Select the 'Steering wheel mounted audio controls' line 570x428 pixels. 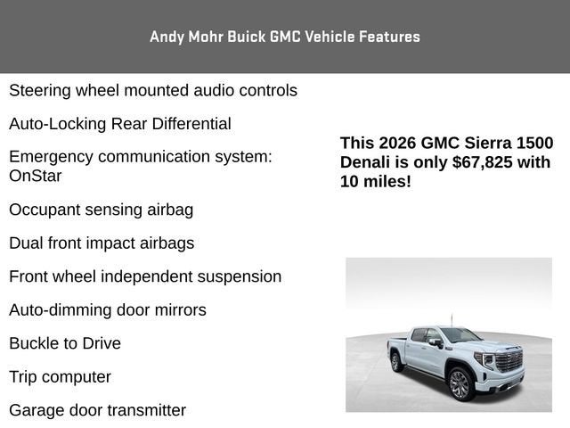click(153, 90)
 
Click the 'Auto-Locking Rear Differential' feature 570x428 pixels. click(120, 124)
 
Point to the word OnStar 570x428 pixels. click(36, 176)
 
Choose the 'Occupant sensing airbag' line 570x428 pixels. click(101, 210)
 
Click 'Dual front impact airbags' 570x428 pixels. click(102, 243)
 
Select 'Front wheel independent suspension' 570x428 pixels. click(145, 276)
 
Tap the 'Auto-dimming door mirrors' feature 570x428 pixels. click(108, 310)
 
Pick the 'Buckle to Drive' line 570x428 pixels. click(65, 343)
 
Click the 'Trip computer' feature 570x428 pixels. click(60, 377)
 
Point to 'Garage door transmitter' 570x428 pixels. click(97, 410)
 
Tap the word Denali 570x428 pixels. click(366, 162)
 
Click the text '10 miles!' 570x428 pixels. click(376, 182)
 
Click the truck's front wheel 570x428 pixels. click(460, 383)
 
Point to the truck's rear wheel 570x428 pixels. click(396, 362)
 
